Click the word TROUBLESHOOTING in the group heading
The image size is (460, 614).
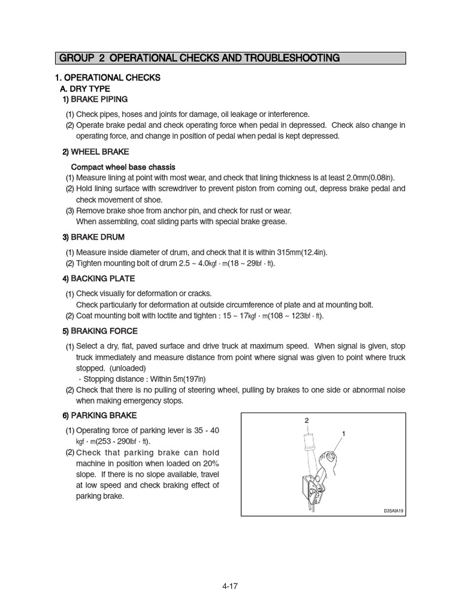(293, 58)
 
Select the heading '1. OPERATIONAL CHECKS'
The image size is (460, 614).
(107, 78)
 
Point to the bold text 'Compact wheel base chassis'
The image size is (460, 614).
(123, 167)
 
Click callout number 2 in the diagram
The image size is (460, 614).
(307, 420)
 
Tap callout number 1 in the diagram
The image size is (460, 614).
(344, 433)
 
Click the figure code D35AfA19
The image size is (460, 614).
(395, 511)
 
